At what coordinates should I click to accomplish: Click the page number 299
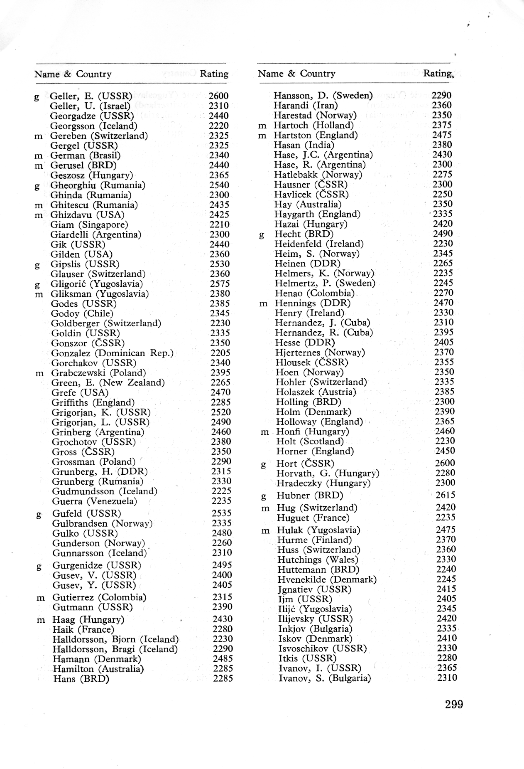pyautogui.click(x=453, y=704)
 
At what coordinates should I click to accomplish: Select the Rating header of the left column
pyautogui.click(x=214, y=74)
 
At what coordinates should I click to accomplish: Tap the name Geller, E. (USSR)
pyautogui.click(x=91, y=96)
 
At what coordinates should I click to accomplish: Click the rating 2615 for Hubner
pyautogui.click(x=445, y=495)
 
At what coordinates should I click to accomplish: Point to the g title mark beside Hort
pyautogui.click(x=263, y=465)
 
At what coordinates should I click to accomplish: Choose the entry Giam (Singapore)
pyautogui.click(x=89, y=224)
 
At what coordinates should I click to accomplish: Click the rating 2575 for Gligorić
pyautogui.click(x=220, y=283)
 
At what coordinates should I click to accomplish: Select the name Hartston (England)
pyautogui.click(x=315, y=135)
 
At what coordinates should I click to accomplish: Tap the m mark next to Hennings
pyautogui.click(x=263, y=304)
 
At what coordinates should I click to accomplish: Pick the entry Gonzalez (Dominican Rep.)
pyautogui.click(x=112, y=353)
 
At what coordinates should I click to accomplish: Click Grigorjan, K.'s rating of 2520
pyautogui.click(x=221, y=412)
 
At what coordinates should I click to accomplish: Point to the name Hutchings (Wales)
pyautogui.click(x=318, y=559)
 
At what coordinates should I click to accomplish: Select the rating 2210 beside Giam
pyautogui.click(x=219, y=224)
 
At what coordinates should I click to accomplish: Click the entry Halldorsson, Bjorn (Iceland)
pyautogui.click(x=115, y=639)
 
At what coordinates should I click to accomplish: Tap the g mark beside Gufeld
pyautogui.click(x=39, y=515)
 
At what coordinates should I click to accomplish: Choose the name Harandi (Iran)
pyautogui.click(x=305, y=105)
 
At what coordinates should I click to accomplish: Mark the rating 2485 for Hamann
pyautogui.click(x=223, y=658)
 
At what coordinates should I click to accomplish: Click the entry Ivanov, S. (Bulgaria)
pyautogui.click(x=324, y=678)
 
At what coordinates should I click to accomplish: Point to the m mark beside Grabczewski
pyautogui.click(x=39, y=373)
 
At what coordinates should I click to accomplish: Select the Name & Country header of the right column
pyautogui.click(x=296, y=74)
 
